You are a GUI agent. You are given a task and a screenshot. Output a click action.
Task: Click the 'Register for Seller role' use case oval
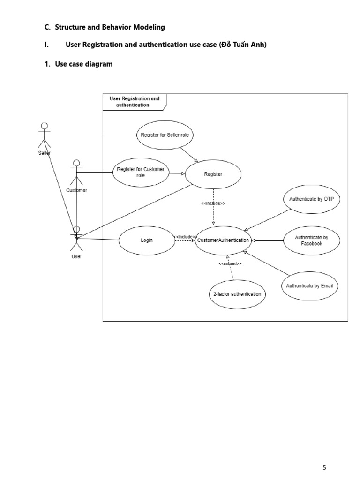click(165, 135)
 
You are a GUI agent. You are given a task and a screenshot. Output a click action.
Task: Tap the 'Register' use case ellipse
click(213, 174)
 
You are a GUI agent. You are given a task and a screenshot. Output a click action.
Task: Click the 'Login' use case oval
click(147, 240)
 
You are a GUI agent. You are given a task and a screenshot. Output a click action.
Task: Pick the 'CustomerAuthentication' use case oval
click(223, 240)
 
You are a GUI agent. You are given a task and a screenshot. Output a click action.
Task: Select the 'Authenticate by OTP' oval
click(312, 199)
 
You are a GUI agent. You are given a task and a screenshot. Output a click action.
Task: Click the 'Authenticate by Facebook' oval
click(312, 240)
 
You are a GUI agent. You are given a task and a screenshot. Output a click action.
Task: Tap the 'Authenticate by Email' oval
click(310, 285)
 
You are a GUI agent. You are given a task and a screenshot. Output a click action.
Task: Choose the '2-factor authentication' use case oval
click(237, 294)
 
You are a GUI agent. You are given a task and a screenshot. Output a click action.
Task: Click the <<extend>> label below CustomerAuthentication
click(230, 264)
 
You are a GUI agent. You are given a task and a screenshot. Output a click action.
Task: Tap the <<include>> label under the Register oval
click(213, 203)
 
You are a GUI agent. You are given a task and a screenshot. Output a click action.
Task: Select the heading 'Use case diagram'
click(83, 64)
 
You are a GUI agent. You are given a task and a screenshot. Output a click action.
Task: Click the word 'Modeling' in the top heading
click(149, 27)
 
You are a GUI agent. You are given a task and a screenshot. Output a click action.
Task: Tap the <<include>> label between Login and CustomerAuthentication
click(185, 237)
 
